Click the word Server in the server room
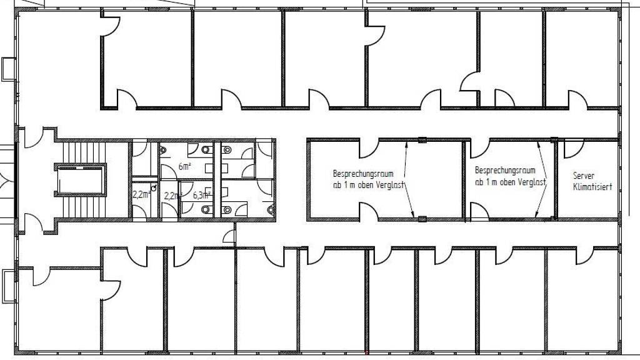coord(584,176)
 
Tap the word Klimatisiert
coord(592,187)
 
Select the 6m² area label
coord(185,166)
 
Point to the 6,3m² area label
coord(202,195)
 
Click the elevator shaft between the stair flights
coord(81,181)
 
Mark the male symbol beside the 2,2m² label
coord(154,187)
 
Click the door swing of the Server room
coord(574,149)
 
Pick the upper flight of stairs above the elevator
coord(84,153)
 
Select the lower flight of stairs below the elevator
coord(84,207)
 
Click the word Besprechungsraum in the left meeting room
coord(363,174)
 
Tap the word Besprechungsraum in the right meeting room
coord(505,170)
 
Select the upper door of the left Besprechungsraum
coord(369,149)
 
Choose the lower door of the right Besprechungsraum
coord(479,212)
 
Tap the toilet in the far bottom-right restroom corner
coord(271,210)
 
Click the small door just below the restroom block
coord(229,237)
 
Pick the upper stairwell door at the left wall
coord(34,138)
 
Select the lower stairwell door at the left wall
coord(34,223)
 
